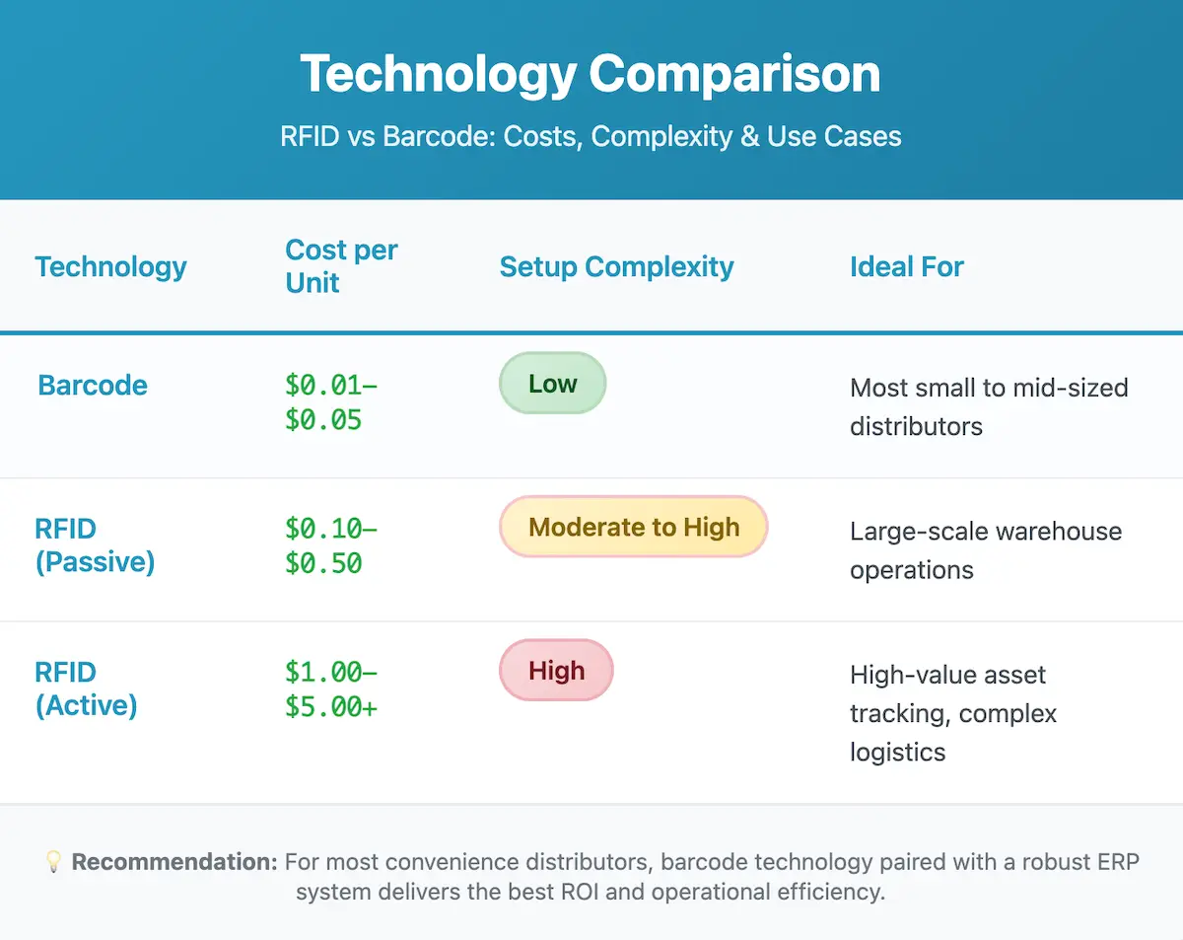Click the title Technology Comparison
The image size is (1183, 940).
(590, 75)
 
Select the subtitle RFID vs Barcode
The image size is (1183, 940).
(590, 135)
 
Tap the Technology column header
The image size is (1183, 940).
(110, 266)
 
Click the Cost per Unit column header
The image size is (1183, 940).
(340, 266)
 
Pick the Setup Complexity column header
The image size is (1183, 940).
(616, 266)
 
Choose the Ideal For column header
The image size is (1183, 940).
(906, 266)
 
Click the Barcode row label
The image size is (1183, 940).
(93, 385)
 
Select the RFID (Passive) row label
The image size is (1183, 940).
(95, 545)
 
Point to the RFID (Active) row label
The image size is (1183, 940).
(86, 689)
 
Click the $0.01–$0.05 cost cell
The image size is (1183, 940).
(331, 402)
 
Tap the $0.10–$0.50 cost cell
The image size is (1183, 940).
(331, 545)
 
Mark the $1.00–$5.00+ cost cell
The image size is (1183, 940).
(331, 689)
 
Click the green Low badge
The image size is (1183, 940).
(552, 384)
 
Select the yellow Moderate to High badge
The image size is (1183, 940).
(633, 527)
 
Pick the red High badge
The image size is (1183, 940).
(556, 671)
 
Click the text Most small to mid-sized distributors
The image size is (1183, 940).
(988, 406)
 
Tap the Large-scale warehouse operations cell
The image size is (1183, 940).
(985, 550)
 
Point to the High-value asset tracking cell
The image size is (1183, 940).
(952, 713)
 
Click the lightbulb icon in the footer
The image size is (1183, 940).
(54, 862)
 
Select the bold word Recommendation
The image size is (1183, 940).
(174, 862)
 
